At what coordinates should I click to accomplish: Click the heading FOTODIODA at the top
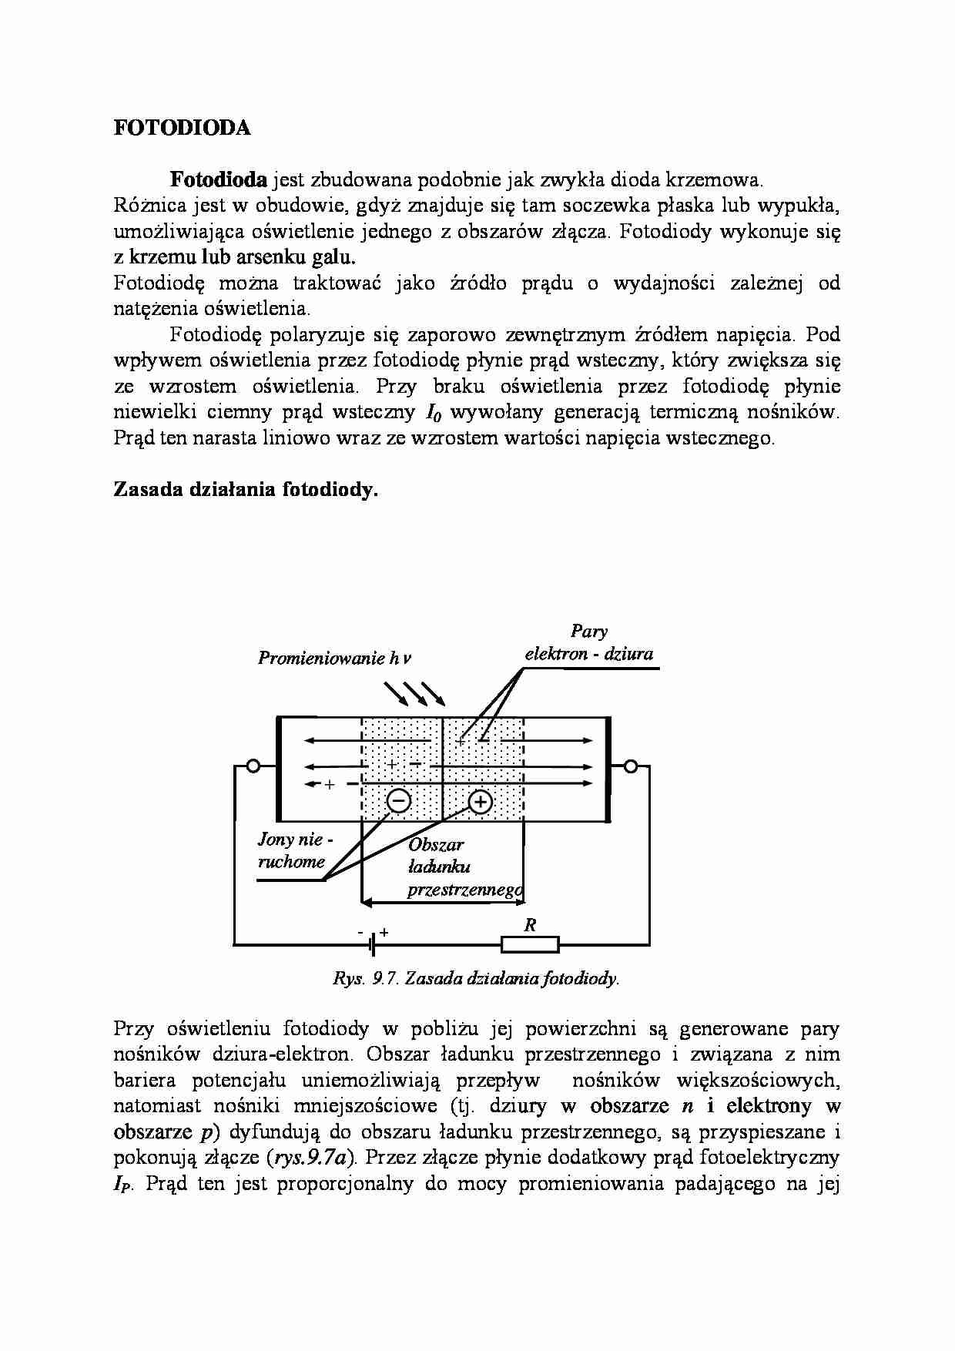182,128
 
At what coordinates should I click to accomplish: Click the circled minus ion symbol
399,801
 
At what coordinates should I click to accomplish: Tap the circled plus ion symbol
480,803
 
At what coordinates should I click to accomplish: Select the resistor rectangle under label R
530,944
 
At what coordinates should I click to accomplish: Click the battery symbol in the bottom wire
373,944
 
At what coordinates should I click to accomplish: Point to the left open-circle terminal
253,766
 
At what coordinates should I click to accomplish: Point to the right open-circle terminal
631,766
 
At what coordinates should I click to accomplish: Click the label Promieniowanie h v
334,658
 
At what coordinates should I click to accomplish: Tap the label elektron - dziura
588,654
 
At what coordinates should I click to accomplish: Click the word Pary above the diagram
588,631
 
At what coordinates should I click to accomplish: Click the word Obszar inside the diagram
436,844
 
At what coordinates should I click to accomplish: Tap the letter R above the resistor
530,925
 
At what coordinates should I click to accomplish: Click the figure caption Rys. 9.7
475,978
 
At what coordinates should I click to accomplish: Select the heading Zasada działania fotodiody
246,490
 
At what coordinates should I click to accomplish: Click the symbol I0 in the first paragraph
433,413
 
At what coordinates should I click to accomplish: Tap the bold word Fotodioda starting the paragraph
218,180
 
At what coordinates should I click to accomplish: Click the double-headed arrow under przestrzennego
443,900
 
